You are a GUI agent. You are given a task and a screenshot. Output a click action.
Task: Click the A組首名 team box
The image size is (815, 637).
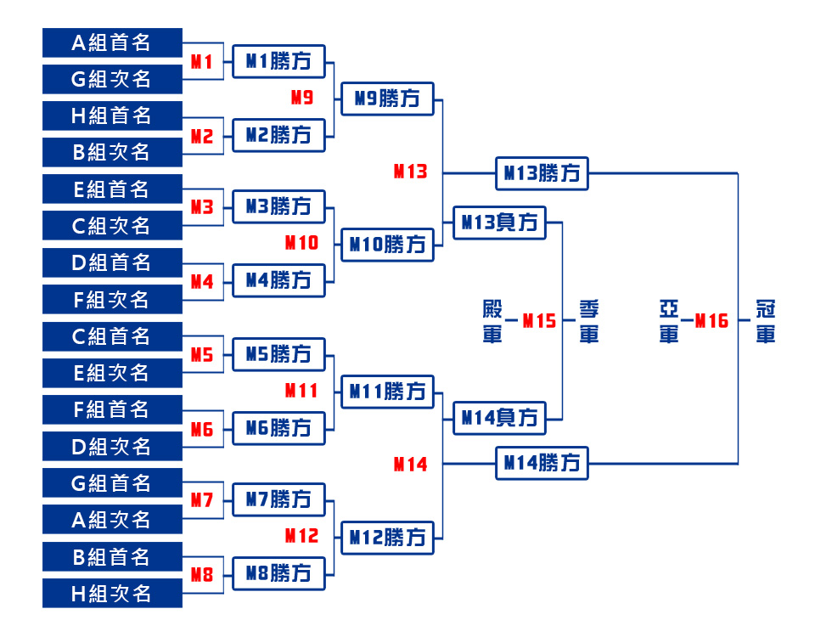[112, 42]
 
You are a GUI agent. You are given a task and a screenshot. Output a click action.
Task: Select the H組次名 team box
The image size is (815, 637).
[112, 593]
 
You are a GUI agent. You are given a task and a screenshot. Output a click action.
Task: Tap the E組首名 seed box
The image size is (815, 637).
[112, 189]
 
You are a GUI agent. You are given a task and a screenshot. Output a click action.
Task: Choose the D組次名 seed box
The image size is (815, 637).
[112, 446]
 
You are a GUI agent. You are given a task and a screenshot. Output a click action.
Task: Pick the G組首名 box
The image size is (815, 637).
[112, 483]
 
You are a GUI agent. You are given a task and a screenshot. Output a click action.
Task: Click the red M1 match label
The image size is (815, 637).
[202, 61]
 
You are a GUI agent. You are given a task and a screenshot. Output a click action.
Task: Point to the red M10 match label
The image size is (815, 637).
[301, 243]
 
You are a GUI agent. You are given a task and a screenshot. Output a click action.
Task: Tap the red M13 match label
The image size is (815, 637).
[410, 172]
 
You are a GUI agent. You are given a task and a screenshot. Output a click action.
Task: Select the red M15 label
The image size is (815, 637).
[539, 321]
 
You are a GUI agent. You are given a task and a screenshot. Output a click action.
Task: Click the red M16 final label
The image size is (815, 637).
[711, 321]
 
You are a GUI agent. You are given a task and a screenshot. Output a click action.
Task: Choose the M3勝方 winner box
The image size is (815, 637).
[278, 206]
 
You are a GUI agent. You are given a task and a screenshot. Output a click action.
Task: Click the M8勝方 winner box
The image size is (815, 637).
[278, 573]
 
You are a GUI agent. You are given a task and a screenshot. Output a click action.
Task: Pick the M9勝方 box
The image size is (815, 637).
[387, 99]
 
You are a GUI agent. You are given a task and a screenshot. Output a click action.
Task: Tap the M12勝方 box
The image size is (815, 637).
[387, 538]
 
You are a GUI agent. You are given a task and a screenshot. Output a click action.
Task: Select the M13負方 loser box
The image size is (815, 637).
[499, 223]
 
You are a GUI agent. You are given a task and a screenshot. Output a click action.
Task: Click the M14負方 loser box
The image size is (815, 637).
[499, 417]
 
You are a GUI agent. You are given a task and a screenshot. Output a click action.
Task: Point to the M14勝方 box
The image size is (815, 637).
[542, 463]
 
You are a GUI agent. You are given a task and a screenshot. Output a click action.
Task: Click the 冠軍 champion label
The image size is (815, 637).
[766, 321]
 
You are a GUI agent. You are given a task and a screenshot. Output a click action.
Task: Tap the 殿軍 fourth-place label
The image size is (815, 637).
[492, 321]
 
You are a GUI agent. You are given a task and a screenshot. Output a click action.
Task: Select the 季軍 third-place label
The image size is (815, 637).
[589, 321]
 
